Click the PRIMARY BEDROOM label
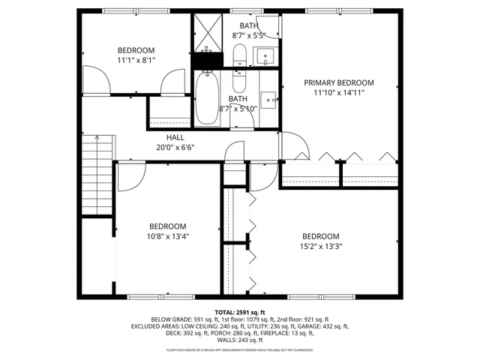pos(338,82)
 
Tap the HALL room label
pos(175,137)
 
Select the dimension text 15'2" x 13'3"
pos(320,245)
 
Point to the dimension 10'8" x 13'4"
pos(167,236)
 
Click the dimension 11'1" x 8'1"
pos(136,61)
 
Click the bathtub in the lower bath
pos(206,97)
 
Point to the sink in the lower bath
pos(268,99)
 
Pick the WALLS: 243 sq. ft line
pos(239,340)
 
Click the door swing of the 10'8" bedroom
pos(128,176)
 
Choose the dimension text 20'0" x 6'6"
pos(175,147)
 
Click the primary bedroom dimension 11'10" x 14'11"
pos(338,93)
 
